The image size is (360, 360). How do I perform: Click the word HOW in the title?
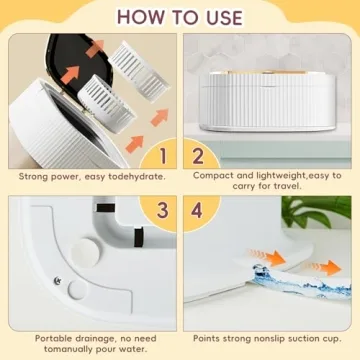131,17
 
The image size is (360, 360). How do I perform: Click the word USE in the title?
219,17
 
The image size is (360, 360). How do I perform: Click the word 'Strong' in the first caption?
39,176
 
